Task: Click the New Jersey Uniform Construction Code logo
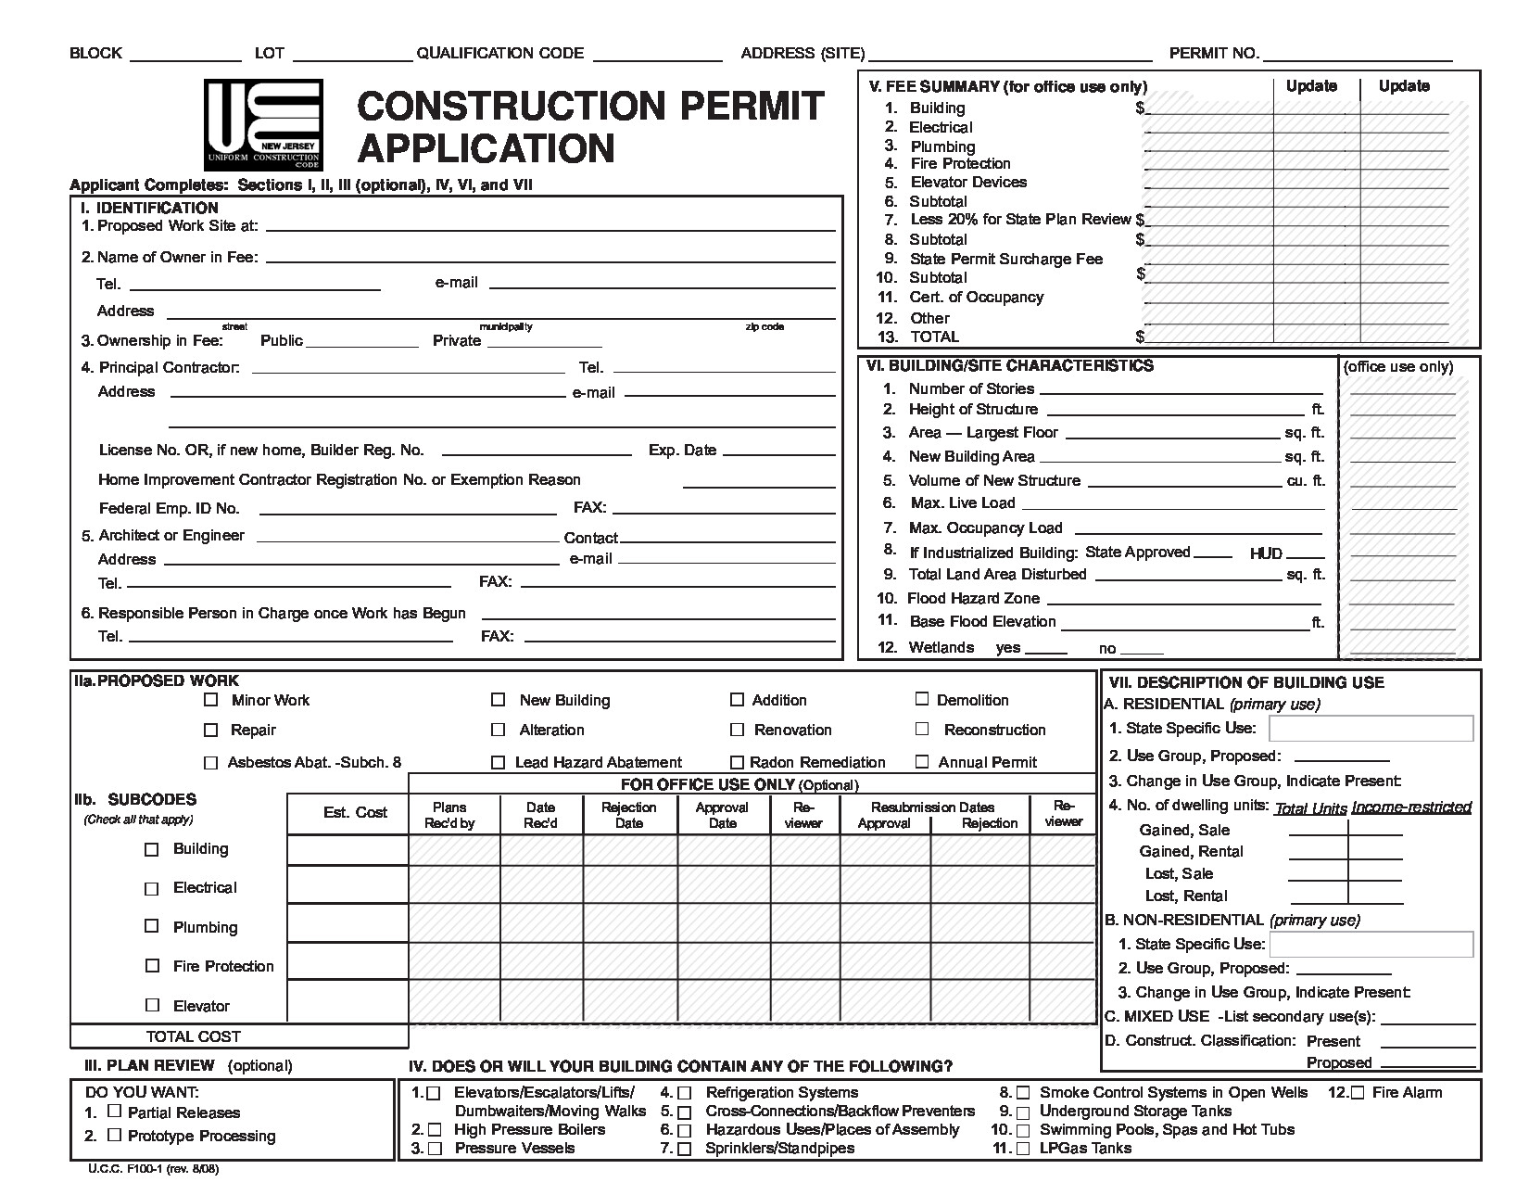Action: pos(263,124)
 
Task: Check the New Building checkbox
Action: pos(499,700)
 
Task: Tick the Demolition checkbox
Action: pos(922,699)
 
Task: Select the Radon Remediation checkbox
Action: pos(737,762)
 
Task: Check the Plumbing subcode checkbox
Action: pos(152,926)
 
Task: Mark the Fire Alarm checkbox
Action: pos(1358,1092)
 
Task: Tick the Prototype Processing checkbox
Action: pos(115,1135)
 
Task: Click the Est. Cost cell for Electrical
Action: pos(347,885)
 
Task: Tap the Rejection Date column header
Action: pos(629,815)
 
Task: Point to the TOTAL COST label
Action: pos(193,1036)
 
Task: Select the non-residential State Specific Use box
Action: pos(1371,944)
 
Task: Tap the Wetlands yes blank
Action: pos(1045,648)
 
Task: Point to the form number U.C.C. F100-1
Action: pos(153,1169)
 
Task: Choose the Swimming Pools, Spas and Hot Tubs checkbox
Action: pos(1023,1130)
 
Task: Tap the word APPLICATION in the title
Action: pos(486,148)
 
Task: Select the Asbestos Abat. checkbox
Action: pos(211,763)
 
